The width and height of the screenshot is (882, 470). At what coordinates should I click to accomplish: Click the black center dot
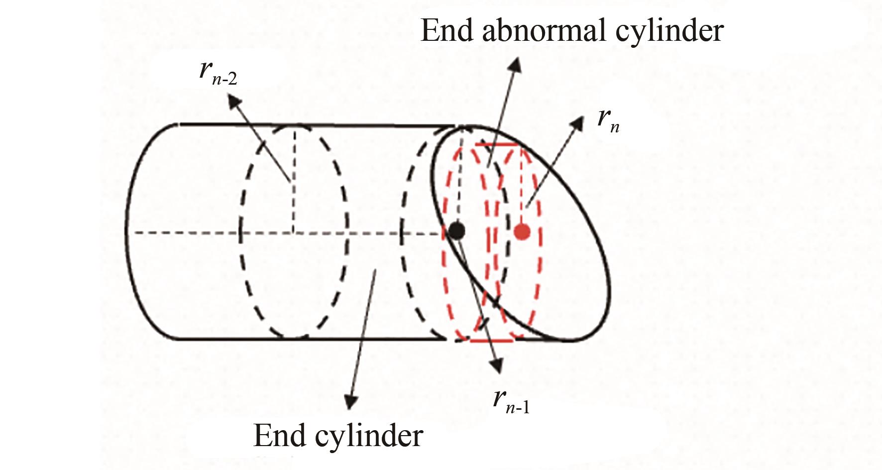456,231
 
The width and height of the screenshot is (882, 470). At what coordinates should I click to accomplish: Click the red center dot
522,231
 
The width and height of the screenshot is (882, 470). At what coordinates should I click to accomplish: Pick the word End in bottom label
279,435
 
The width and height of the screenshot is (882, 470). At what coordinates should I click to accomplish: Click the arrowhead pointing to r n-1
496,366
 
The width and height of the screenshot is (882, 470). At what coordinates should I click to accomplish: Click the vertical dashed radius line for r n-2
294,179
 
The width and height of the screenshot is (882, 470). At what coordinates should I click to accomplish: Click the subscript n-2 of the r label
225,79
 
